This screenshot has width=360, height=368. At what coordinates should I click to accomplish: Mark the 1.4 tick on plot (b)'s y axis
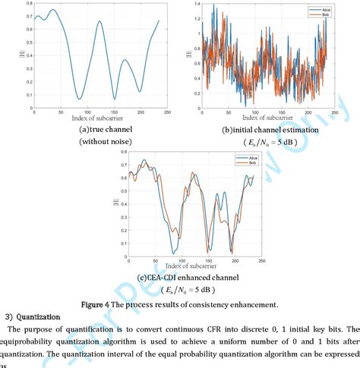click(195, 5)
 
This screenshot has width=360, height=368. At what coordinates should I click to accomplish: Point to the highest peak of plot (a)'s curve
click(52, 10)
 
